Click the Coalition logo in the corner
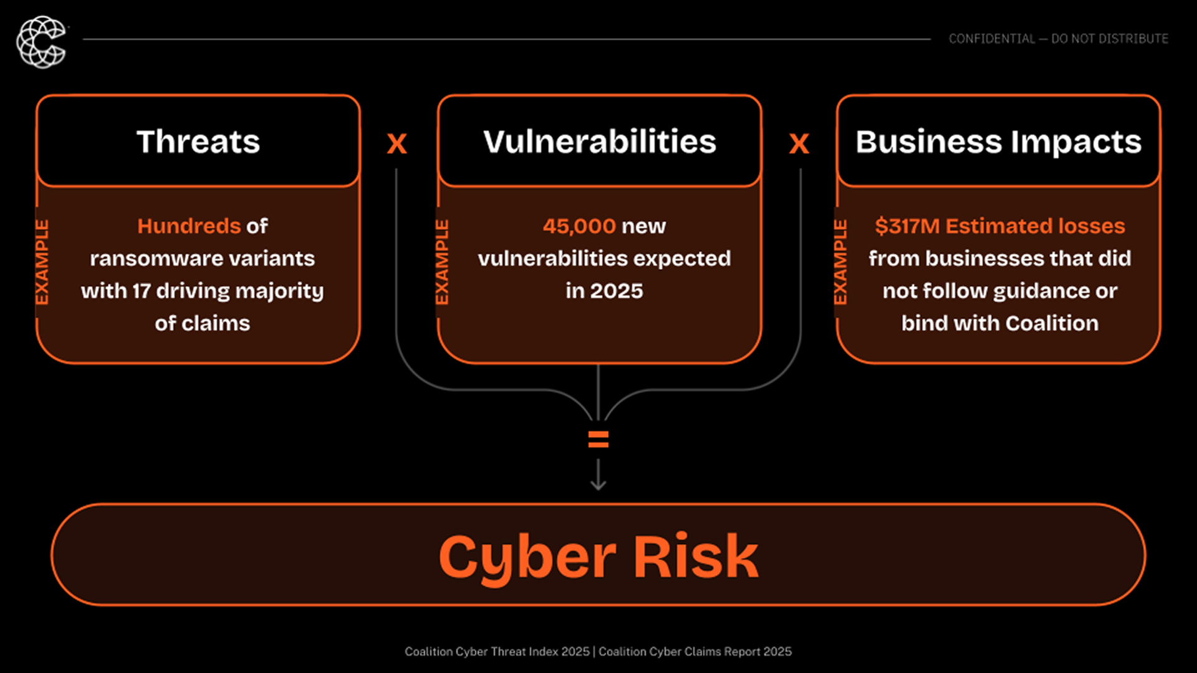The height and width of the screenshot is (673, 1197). pos(41,42)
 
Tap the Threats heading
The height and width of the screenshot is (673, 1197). pos(198,141)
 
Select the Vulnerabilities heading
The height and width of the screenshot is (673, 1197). pos(600,141)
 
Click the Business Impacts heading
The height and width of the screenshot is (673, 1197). pos(998,141)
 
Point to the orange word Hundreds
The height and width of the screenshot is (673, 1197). pos(189,226)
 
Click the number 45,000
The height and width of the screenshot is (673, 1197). pos(579,226)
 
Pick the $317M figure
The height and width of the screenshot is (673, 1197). pos(907,226)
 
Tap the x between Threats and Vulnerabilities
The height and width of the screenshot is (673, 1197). pos(397,143)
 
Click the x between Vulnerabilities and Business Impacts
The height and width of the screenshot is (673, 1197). pos(799,143)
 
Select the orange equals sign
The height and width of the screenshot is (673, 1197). pos(598,440)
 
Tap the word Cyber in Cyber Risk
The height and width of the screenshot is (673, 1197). pos(527,556)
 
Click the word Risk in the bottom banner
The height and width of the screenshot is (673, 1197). pos(696,556)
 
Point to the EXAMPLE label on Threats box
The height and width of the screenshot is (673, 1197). pos(42,262)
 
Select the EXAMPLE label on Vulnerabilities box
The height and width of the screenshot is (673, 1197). pos(442,262)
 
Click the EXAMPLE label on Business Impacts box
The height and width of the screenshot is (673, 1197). pos(841,262)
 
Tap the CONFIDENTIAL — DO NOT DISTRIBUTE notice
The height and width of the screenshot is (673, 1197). pos(1058,39)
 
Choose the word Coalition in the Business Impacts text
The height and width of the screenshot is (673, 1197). pos(1052,323)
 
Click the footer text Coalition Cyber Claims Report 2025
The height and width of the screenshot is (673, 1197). pos(695,652)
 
